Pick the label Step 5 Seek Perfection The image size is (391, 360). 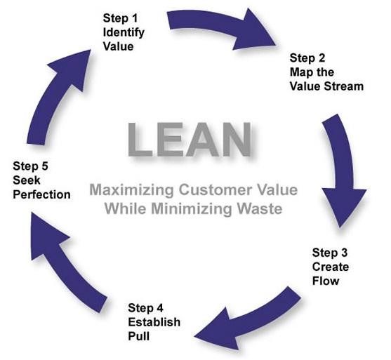(x=41, y=180)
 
